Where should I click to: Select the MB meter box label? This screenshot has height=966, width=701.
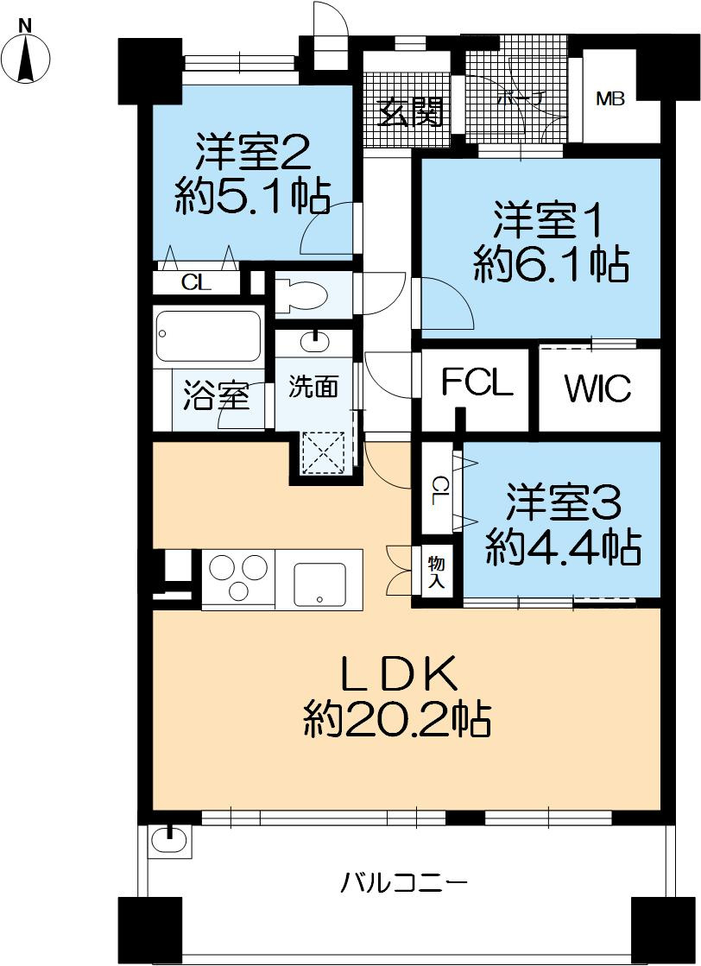point(609,98)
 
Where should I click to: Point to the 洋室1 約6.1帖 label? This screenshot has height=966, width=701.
point(550,243)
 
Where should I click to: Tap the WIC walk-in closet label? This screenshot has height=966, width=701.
point(598,388)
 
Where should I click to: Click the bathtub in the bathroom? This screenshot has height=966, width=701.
point(207,336)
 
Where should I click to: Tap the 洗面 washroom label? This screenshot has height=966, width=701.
point(313,388)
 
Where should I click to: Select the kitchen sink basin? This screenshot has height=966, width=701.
point(319,584)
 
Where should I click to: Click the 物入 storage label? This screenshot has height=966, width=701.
point(437,572)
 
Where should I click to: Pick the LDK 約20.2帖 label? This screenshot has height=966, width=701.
point(398,698)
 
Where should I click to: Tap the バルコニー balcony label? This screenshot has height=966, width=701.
point(404,883)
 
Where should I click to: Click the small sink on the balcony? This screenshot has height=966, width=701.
point(169,839)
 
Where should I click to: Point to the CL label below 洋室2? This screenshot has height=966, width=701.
point(195,282)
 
